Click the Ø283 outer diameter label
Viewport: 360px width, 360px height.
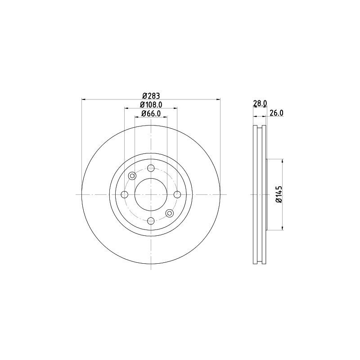click(151, 95)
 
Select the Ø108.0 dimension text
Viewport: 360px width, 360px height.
click(151, 104)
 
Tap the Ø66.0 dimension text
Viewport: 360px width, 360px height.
click(151, 113)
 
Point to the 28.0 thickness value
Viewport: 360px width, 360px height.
click(260, 103)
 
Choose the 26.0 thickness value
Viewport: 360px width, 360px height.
click(276, 113)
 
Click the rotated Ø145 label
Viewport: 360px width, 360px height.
click(279, 194)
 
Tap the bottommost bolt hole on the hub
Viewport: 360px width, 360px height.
click(151, 220)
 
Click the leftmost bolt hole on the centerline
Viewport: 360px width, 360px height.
click(125, 194)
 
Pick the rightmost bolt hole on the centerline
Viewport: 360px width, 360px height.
click(177, 194)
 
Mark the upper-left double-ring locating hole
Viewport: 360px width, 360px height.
click(132, 176)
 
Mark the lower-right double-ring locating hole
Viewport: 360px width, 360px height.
click(169, 213)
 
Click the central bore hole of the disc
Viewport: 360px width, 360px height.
click(151, 194)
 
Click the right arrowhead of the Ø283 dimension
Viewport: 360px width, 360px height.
click(219, 99)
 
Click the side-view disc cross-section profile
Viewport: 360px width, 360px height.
click(259, 194)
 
